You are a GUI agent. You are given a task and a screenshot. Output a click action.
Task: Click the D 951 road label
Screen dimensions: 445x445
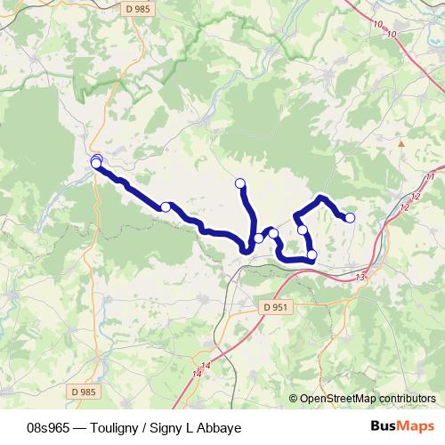pos(277,307)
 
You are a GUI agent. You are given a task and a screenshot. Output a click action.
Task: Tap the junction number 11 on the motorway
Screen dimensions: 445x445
pos(431,177)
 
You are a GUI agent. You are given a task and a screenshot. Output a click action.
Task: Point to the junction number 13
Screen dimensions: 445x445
pos(360,279)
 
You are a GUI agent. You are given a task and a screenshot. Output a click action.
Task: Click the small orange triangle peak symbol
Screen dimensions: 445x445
pos(401,142)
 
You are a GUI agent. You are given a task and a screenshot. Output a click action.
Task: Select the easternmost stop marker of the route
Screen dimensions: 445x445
pos(350,218)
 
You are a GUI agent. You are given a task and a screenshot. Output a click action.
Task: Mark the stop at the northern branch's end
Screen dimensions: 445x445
pos(239,183)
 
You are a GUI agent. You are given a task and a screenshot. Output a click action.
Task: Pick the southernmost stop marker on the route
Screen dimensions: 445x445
pos(311,256)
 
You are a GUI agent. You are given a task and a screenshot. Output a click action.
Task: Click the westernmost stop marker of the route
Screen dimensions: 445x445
pos(95,163)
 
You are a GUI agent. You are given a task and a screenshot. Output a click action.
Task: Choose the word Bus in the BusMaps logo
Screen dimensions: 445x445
pos(385,426)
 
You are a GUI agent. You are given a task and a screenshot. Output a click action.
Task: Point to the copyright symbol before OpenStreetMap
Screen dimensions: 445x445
pos(294,399)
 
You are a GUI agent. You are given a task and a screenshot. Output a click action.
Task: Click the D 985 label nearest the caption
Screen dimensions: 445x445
pos(80,389)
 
